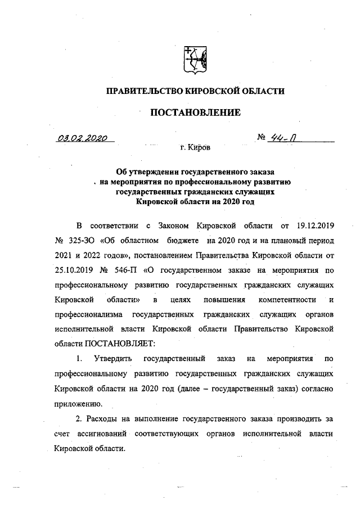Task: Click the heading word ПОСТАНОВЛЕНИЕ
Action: [195, 112]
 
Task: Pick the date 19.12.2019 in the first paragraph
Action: [315, 227]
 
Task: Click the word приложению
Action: [78, 403]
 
